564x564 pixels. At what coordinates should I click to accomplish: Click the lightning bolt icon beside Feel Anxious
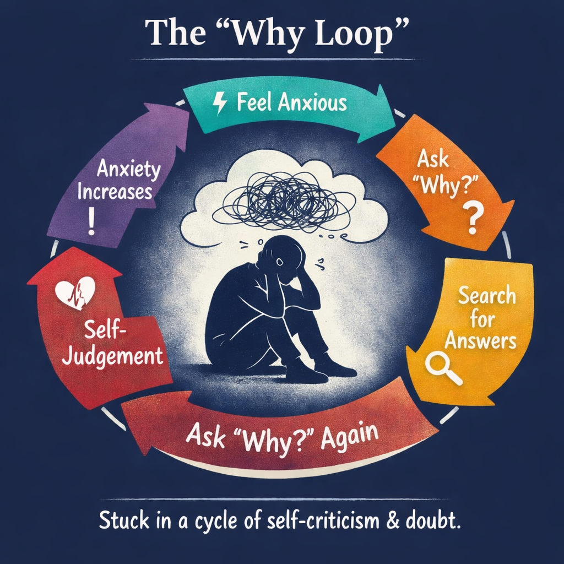pos(220,104)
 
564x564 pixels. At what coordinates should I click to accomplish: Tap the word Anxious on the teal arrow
pos(312,103)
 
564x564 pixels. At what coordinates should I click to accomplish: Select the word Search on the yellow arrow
pos(487,296)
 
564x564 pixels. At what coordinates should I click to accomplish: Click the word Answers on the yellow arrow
pos(480,341)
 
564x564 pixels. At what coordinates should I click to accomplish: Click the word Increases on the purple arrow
pos(115,193)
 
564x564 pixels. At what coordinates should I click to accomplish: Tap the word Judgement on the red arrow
pos(113,355)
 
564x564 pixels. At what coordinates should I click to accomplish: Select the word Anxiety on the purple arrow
pos(128,169)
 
